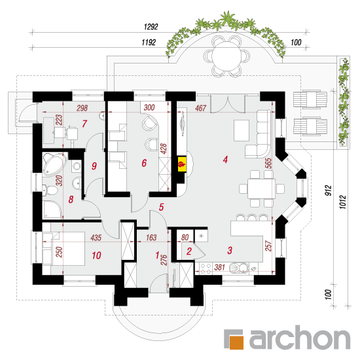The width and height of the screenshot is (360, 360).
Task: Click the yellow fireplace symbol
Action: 182,164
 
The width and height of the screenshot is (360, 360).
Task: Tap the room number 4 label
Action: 225,159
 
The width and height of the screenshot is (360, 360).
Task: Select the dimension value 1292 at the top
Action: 151,27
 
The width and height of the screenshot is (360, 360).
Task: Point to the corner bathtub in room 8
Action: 54,164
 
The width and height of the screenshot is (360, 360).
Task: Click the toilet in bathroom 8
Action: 50,190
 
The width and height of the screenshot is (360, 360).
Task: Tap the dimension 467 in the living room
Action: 201,108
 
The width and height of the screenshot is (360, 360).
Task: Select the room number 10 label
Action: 96,255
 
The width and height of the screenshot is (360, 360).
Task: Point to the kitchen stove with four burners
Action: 206,268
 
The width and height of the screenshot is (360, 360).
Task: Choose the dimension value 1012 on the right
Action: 343,202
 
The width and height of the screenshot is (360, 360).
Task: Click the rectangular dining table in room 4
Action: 261,189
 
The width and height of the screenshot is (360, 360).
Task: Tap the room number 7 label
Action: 84,124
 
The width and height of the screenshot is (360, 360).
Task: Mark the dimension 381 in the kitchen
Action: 219,267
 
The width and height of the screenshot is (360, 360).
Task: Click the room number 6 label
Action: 144,163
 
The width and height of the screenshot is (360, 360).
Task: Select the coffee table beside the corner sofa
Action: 242,130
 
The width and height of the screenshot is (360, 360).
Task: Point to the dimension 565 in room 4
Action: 268,163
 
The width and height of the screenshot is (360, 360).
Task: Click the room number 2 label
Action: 189,251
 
